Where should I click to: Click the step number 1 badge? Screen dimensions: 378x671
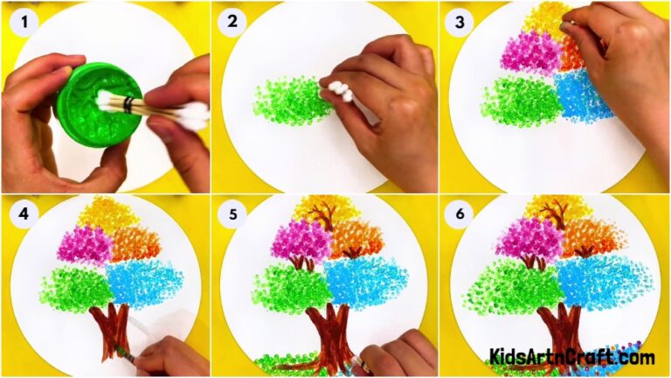coord(20,21)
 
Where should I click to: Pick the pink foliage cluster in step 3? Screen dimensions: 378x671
coord(529,52)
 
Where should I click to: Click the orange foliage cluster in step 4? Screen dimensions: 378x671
coord(136,244)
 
